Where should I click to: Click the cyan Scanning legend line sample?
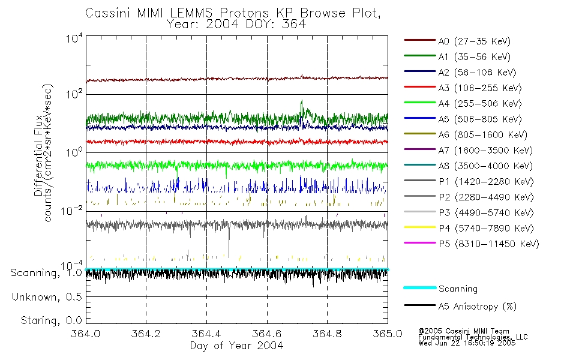tap(419, 289)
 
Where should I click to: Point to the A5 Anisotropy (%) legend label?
tap(477, 307)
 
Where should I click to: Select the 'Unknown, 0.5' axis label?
tap(47, 297)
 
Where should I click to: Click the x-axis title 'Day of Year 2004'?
tap(236, 346)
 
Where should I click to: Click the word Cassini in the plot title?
tap(106, 13)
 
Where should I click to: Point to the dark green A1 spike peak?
tap(302, 101)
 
